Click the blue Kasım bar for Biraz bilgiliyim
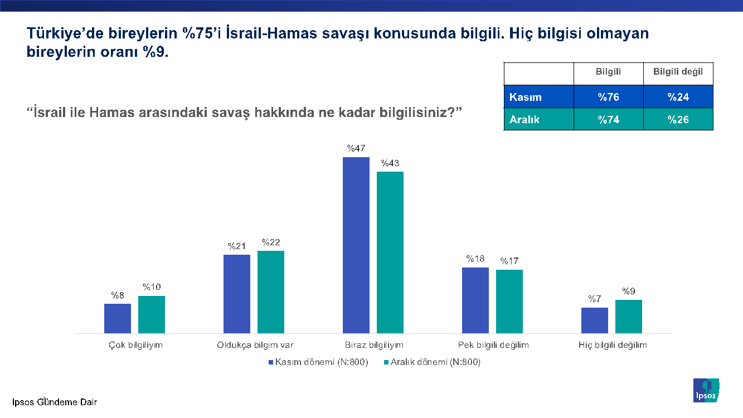(356, 245)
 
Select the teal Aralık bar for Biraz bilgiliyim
(390, 252)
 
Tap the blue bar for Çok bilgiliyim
(118, 318)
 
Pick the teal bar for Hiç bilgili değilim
(629, 317)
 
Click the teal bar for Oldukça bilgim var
(271, 292)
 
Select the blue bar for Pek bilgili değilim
(475, 300)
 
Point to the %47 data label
(356, 148)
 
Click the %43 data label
(390, 163)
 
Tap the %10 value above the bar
(152, 287)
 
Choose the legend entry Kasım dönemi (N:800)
(318, 362)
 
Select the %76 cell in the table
(609, 97)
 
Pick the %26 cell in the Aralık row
(678, 119)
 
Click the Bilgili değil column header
(678, 72)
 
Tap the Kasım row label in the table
(526, 97)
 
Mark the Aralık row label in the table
(525, 119)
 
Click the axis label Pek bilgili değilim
(493, 345)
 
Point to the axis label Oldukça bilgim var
(255, 345)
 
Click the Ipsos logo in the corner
(706, 390)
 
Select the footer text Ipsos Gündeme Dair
(51, 402)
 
